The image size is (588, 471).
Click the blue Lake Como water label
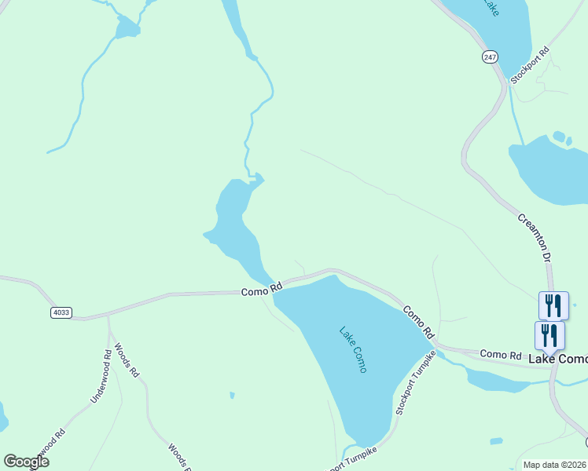tap(352, 350)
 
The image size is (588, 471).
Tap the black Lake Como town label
tap(557, 359)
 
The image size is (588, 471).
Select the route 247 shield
tap(491, 57)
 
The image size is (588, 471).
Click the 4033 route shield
tap(61, 312)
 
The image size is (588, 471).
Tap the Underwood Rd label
tap(101, 377)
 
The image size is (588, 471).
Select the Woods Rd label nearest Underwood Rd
tap(126, 360)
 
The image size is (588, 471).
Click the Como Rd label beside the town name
tap(501, 356)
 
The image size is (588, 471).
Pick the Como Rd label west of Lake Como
tap(261, 290)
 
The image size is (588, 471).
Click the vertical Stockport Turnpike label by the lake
tap(415, 382)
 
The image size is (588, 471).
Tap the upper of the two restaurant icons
tap(553, 305)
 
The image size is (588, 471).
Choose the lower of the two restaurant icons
tap(550, 335)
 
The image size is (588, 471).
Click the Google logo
tap(26, 462)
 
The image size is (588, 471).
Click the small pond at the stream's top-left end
tap(126, 30)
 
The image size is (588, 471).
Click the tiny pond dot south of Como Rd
tap(231, 394)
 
